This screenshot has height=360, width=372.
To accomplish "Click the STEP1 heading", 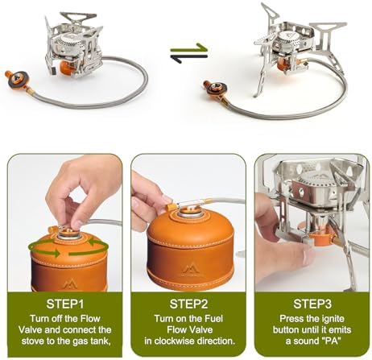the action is tap(65, 304).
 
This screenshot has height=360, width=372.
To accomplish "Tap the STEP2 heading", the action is tap(188, 304).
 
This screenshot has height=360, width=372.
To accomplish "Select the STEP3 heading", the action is tap(312, 304).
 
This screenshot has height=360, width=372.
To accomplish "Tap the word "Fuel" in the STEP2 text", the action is tap(214, 319).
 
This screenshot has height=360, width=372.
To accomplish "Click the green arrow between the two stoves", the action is tap(189, 48).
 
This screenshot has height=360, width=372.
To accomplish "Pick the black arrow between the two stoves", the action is tap(189, 58).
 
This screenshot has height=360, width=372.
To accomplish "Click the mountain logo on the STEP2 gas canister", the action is tap(192, 270).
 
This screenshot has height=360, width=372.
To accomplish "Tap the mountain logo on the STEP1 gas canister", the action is tap(69, 283).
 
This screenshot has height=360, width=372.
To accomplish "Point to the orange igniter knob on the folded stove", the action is tap(66, 68).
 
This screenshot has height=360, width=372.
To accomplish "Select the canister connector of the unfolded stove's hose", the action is tap(215, 89).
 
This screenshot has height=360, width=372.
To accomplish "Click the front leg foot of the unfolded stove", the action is tap(257, 94).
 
